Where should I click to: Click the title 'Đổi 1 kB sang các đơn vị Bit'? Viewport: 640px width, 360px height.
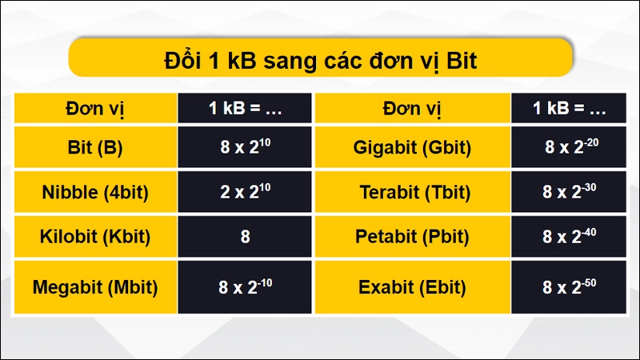point(320,61)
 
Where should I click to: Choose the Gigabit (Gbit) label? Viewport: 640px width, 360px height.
point(413,148)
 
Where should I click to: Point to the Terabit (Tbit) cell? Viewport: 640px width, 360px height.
point(413,192)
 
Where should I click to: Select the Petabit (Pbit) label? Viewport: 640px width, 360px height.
point(413,236)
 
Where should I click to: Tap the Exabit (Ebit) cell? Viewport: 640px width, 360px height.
point(413,286)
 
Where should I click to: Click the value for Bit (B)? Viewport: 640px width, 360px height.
point(245,148)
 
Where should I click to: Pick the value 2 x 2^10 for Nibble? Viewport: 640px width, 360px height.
point(245,192)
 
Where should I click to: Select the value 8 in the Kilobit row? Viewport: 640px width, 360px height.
point(245,236)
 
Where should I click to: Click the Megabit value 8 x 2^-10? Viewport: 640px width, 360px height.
point(245,286)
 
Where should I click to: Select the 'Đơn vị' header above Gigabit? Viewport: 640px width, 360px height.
point(413,109)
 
